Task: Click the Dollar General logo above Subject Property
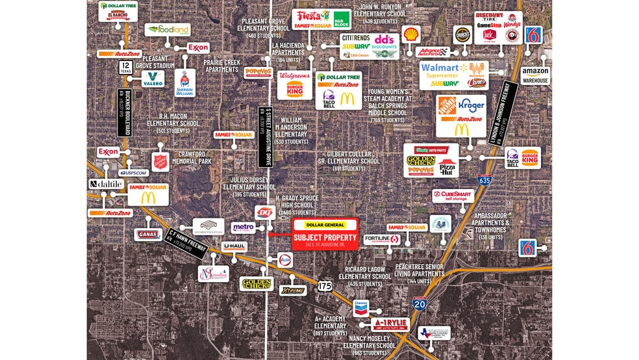click(x=325, y=225)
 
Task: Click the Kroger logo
click(x=471, y=103)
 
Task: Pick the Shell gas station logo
click(x=410, y=34)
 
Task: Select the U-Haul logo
click(x=234, y=246)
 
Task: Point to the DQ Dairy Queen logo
click(x=264, y=212)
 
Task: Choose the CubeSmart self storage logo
click(x=453, y=196)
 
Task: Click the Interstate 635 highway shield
click(x=484, y=180)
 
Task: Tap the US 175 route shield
click(x=325, y=285)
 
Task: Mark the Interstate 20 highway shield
click(x=420, y=303)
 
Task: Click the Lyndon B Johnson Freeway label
click(x=502, y=113)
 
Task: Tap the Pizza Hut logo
click(x=447, y=168)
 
